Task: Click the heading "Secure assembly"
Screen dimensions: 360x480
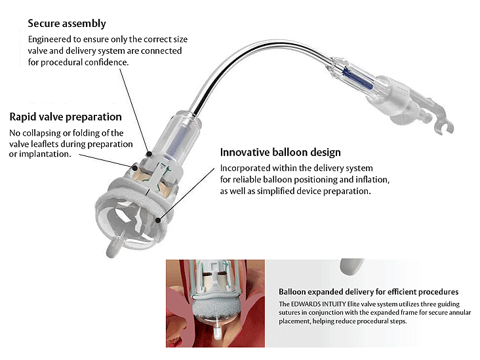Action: pos(66,24)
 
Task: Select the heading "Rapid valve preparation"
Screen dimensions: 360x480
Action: pos(66,117)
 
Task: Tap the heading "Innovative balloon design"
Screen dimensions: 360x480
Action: pos(280,153)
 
